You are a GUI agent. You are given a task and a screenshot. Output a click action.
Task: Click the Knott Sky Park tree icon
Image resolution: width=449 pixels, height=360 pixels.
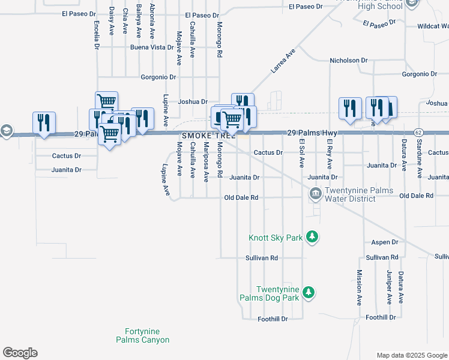click(312, 237)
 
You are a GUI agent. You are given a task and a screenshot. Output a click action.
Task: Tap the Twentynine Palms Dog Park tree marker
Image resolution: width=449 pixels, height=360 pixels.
click(308, 293)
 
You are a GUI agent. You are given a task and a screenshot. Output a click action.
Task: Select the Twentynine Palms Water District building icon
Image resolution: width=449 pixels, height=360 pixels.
click(315, 194)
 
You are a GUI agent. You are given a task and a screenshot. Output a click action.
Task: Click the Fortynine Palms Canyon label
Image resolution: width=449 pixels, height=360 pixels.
click(143, 335)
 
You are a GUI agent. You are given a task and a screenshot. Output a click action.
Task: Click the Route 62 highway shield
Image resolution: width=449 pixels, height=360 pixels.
click(418, 132)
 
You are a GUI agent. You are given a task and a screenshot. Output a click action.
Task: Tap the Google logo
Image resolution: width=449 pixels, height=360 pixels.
click(20, 353)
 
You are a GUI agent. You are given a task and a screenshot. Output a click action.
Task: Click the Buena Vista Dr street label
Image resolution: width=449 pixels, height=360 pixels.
click(152, 47)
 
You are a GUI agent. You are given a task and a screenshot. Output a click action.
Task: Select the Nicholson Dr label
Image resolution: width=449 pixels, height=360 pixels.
click(349, 61)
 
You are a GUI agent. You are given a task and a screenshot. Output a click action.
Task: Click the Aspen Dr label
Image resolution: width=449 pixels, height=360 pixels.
click(385, 242)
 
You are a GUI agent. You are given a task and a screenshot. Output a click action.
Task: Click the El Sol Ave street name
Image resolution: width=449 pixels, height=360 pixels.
click(302, 154)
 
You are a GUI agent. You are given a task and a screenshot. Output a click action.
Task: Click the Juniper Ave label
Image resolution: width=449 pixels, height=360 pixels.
click(389, 290)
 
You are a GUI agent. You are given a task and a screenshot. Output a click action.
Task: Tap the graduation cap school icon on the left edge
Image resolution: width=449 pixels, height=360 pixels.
click(6, 130)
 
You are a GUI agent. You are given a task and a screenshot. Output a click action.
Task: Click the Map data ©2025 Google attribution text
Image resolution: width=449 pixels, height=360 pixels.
click(412, 355)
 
